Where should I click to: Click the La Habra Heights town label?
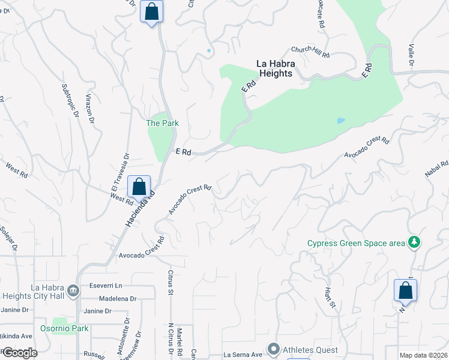[x=274, y=68]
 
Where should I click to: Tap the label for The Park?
[x=163, y=123]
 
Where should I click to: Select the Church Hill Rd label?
[x=310, y=52]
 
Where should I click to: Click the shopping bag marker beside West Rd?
[x=139, y=187]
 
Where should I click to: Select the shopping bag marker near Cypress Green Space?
[x=405, y=290]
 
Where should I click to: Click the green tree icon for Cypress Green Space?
[x=414, y=242]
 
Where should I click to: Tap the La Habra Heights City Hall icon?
[x=73, y=291]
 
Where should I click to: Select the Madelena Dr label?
[x=114, y=298]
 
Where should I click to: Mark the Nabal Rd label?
[x=436, y=169]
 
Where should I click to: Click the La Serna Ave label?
[x=244, y=355]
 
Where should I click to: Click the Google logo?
[x=19, y=353]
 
